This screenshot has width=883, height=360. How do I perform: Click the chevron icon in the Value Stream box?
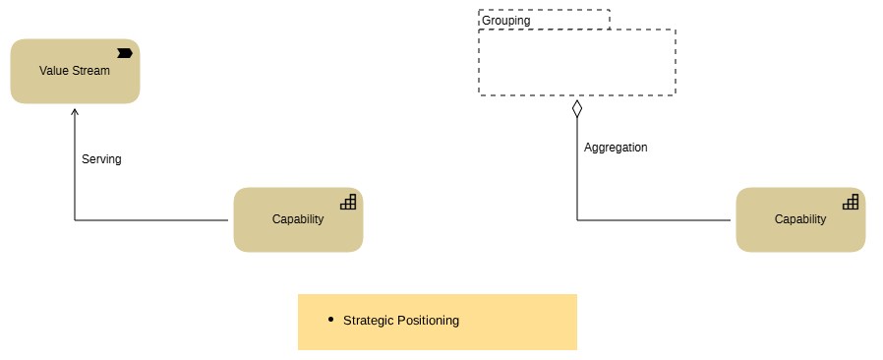125,52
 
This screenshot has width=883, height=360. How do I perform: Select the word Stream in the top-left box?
92,71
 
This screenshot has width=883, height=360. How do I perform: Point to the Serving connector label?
101,158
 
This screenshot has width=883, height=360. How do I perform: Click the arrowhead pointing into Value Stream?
75,110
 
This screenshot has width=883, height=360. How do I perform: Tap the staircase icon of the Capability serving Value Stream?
348,202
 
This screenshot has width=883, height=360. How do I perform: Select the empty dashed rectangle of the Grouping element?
577,62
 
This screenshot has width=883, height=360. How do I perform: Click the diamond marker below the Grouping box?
577,107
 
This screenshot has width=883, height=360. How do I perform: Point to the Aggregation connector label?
616,148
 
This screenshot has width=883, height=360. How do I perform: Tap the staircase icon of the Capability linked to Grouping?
851,202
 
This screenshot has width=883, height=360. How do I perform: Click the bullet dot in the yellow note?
331,320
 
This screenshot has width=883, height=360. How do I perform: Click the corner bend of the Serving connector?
75,220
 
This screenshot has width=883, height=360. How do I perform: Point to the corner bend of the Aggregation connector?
577,220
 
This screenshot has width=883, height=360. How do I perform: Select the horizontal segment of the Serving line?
152,220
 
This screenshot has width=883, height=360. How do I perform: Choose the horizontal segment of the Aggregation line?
656,220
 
